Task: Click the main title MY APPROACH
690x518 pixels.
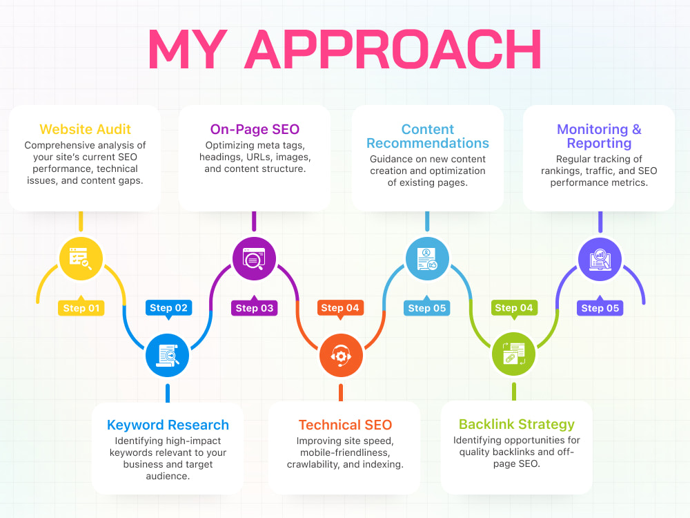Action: pyautogui.click(x=345, y=49)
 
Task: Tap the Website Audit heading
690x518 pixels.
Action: pyautogui.click(x=85, y=129)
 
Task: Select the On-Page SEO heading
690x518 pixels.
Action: pyautogui.click(x=255, y=129)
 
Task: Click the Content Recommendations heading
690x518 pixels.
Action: pyautogui.click(x=427, y=136)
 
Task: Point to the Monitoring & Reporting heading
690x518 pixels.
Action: pyautogui.click(x=599, y=136)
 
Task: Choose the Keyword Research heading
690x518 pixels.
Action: pyautogui.click(x=168, y=425)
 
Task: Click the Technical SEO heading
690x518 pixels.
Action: pyautogui.click(x=345, y=425)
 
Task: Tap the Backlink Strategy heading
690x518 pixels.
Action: pyautogui.click(x=517, y=424)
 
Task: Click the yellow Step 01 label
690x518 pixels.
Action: pyautogui.click(x=81, y=308)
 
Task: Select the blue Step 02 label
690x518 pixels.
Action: pyautogui.click(x=168, y=308)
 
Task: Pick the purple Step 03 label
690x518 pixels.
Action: pyautogui.click(x=255, y=308)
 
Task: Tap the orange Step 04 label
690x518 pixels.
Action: pyautogui.click(x=339, y=308)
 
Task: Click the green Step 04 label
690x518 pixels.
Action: pyautogui.click(x=513, y=308)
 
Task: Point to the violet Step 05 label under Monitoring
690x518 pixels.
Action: pyautogui.click(x=600, y=308)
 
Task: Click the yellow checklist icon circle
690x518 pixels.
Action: pyautogui.click(x=81, y=258)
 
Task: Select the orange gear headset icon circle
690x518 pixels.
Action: pyautogui.click(x=341, y=355)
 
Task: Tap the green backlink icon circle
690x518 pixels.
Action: pyautogui.click(x=513, y=354)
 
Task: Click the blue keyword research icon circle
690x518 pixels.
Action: pyautogui.click(x=167, y=355)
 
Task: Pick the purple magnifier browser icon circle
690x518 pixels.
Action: pyautogui.click(x=254, y=258)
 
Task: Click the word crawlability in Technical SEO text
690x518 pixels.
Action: pyautogui.click(x=313, y=464)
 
